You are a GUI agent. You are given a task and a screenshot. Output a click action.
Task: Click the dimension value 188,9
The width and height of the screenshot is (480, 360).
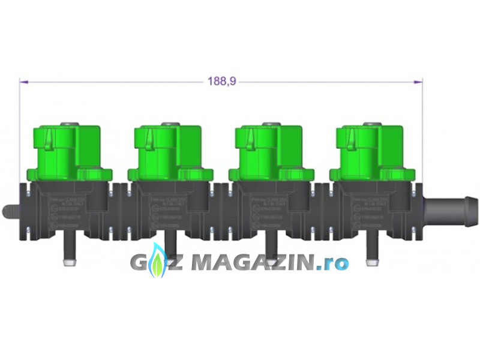[x=221, y=81]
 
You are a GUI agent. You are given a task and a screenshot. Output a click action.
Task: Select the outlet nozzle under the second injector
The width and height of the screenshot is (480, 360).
[x=170, y=252]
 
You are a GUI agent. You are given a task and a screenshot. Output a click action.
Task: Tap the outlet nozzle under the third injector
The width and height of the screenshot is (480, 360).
[x=271, y=252]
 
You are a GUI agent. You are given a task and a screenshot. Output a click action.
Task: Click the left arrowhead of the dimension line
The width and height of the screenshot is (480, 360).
[x=23, y=81]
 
